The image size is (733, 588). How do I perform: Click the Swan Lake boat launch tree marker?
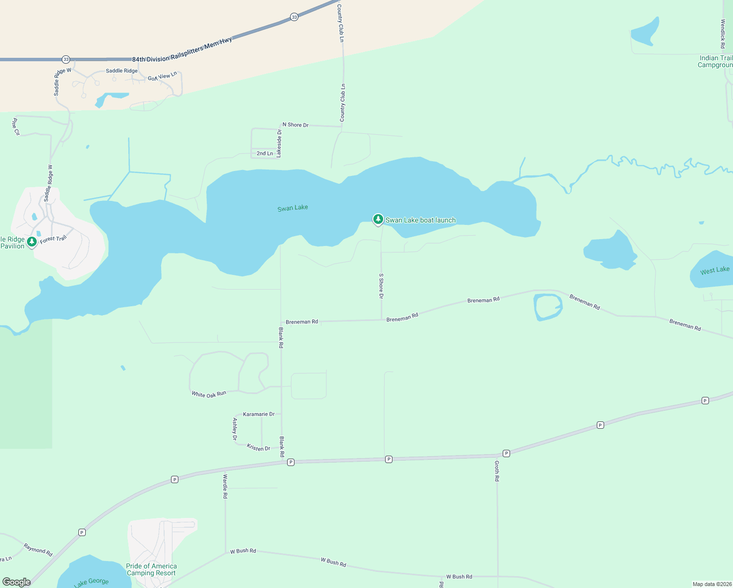click(378, 220)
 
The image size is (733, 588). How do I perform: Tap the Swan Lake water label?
click(293, 208)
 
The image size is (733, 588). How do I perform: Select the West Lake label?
click(714, 270)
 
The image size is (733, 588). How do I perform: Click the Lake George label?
click(91, 582)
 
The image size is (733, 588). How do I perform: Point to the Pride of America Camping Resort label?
click(151, 569)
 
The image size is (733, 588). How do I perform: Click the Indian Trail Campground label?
click(715, 61)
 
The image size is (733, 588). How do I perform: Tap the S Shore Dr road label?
click(381, 286)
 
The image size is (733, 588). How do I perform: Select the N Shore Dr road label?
click(295, 125)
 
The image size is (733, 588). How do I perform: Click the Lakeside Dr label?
click(279, 143)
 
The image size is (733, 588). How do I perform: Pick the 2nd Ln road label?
click(265, 153)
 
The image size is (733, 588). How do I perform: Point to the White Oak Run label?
click(209, 394)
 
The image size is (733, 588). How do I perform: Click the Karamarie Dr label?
click(259, 414)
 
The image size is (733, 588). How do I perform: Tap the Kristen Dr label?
click(258, 447)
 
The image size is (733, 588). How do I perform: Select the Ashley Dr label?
click(235, 429)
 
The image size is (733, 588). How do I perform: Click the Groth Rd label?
click(497, 471)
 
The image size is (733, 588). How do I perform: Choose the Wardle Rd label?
click(225, 486)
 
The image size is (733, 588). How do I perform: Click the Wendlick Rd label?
click(723, 33)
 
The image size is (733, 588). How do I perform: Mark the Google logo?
click(17, 582)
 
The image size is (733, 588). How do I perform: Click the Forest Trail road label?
click(53, 239)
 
